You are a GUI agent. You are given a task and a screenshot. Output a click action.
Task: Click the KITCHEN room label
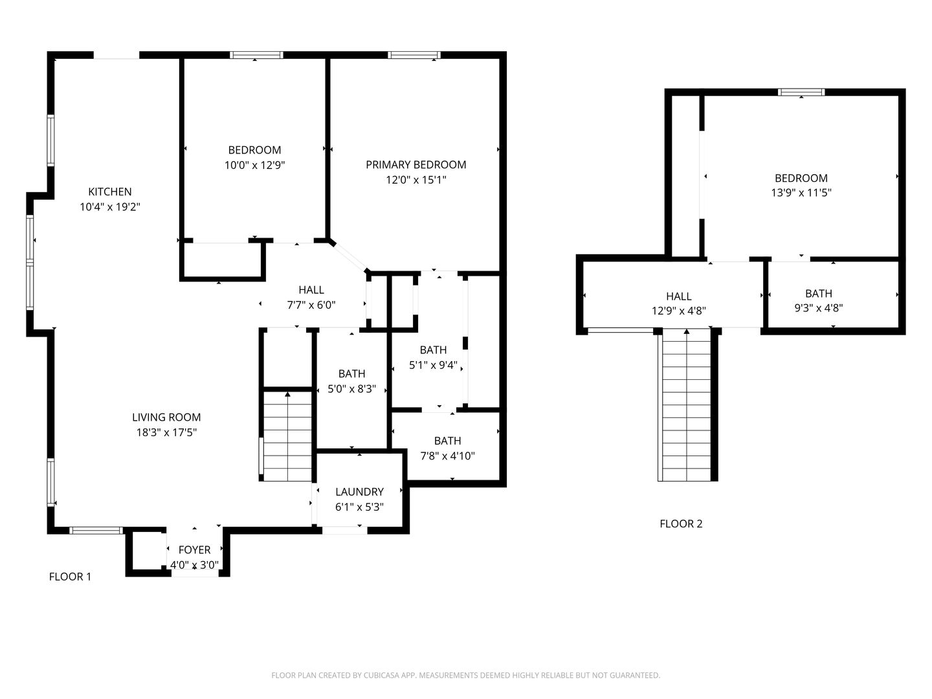(109, 192)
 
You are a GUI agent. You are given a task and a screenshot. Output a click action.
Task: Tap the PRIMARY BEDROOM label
(416, 164)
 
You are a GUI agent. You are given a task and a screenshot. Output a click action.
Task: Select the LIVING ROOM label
(166, 417)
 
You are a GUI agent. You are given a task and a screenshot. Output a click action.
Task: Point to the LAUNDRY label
(359, 492)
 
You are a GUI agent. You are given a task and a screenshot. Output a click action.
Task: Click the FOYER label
(194, 550)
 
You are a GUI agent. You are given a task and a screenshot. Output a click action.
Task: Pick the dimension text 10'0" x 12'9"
(254, 165)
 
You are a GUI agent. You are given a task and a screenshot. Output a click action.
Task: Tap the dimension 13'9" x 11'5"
(801, 193)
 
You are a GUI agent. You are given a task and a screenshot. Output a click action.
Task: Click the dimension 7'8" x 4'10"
(447, 456)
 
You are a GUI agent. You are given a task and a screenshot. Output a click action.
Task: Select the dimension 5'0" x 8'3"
(351, 389)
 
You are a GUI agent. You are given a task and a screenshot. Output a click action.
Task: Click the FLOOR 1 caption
(70, 577)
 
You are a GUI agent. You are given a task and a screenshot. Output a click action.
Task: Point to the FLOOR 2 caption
(681, 524)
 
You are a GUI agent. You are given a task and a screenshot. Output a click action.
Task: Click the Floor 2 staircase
(686, 405)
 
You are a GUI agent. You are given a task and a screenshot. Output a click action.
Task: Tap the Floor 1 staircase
(287, 436)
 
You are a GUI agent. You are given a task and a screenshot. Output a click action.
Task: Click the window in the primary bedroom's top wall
(414, 55)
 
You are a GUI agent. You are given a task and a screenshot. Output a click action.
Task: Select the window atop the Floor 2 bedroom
(801, 92)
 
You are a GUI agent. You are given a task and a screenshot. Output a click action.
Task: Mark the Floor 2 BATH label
(819, 293)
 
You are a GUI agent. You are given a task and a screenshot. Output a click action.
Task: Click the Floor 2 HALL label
(678, 296)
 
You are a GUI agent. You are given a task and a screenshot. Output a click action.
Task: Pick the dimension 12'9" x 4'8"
(678, 311)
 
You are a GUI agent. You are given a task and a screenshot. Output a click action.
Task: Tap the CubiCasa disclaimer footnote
(466, 675)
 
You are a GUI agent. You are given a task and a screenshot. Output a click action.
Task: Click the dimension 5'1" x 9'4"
(433, 365)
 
